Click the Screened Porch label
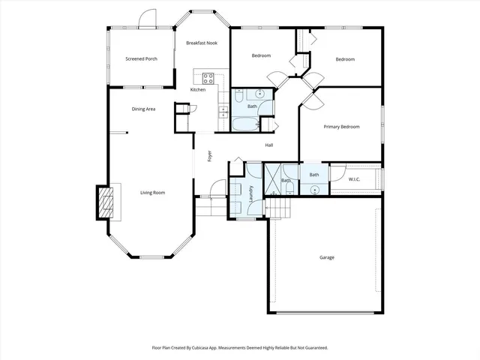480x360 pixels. pos(141,58)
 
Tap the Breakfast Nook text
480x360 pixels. pos(201,43)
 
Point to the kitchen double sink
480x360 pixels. pos(223,112)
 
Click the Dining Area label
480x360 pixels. pos(143,109)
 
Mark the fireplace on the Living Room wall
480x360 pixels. pos(105,202)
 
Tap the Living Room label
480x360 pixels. pos(152,193)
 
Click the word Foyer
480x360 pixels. pos(210,157)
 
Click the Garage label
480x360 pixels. pos(327,257)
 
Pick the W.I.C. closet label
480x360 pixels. pos(355,178)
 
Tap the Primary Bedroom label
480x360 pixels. pos(341,127)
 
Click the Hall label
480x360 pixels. pos(268,145)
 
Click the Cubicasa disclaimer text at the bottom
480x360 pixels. pos(239,348)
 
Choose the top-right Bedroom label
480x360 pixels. pos(344,59)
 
